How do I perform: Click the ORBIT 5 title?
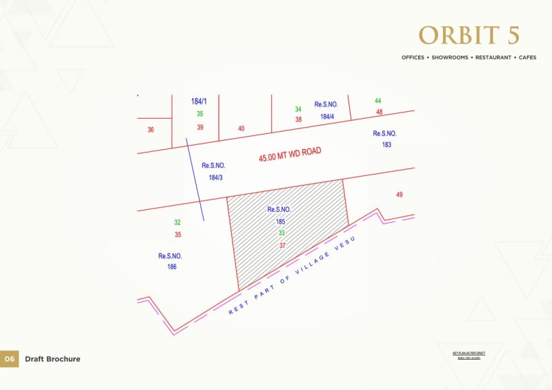469,36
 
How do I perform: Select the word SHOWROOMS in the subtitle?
448,57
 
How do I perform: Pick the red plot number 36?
151,129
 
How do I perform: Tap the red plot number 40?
241,128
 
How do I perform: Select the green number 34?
298,109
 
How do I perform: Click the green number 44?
377,101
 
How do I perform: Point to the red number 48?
379,112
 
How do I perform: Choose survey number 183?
386,145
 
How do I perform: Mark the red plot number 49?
399,195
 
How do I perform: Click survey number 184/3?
215,177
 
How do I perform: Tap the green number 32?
177,222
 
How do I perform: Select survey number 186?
171,266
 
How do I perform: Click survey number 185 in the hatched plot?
280,222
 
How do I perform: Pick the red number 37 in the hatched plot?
282,246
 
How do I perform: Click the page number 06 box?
9,359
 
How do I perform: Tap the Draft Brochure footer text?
52,359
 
